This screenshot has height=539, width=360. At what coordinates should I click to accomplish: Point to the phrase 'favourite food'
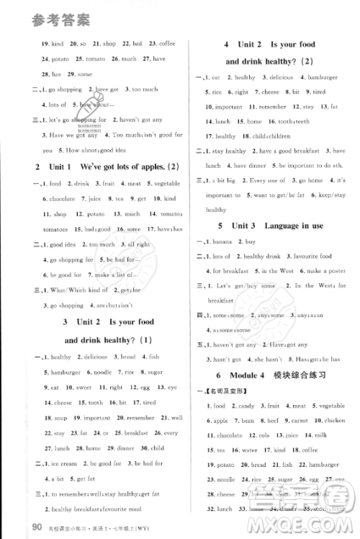click(x=311, y=256)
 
